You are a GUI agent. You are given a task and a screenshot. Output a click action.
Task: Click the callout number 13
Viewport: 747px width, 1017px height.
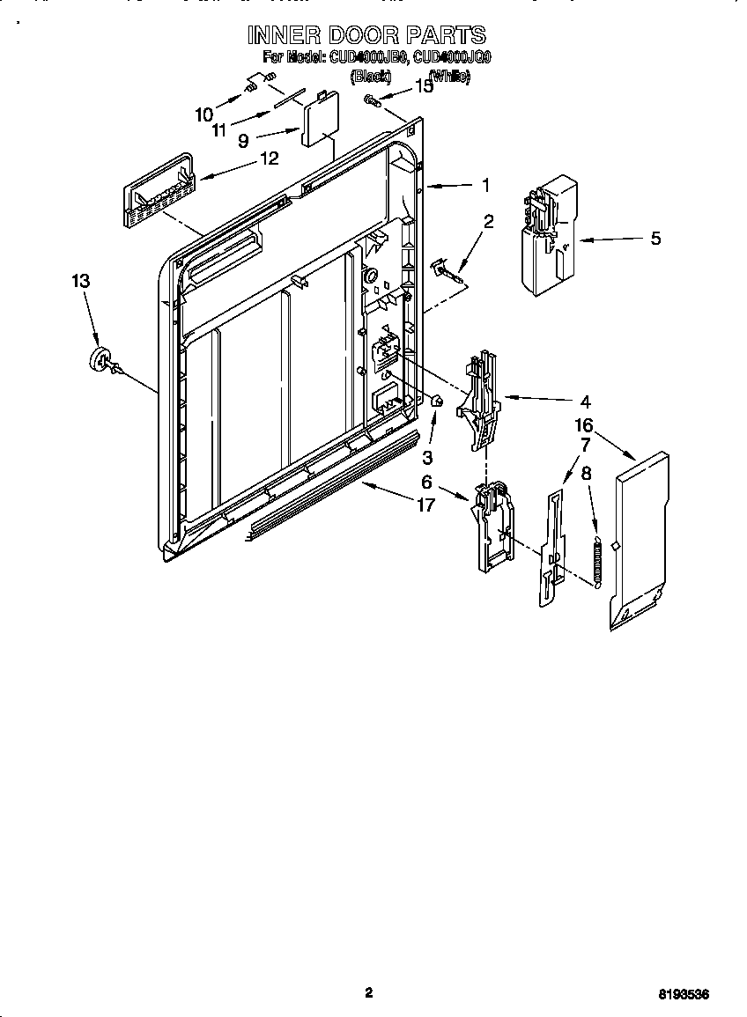(x=80, y=281)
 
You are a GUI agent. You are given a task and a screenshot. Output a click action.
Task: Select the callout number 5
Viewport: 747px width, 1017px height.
(x=655, y=239)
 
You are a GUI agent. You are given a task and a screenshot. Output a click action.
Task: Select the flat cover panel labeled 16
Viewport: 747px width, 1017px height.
(x=640, y=542)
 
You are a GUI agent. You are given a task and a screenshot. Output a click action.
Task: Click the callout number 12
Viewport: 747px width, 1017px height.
(x=269, y=158)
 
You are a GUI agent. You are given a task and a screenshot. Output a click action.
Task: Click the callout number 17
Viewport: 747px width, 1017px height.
(x=425, y=505)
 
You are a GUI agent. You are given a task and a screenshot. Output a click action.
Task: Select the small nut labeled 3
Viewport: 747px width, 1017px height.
(x=435, y=402)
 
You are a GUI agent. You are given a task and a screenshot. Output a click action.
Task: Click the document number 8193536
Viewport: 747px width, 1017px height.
(x=684, y=994)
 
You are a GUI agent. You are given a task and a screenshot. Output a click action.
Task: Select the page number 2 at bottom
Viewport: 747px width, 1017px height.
(x=369, y=992)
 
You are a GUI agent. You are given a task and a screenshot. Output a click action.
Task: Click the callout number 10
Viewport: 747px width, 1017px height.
(x=203, y=114)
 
